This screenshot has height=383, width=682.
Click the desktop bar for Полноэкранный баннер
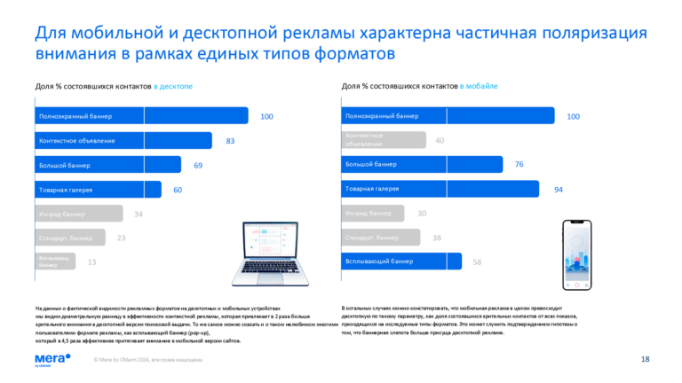coord(141,116)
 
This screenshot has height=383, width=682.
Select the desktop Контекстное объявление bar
coord(123,141)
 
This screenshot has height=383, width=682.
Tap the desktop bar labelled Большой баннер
coord(107,165)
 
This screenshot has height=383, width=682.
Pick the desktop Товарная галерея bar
coord(98,190)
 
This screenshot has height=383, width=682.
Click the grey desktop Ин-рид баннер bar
coord(79,214)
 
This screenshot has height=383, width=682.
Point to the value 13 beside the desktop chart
coord(91,262)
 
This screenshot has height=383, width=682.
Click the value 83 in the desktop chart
coord(230,141)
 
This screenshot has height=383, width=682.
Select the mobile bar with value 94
coord(440,189)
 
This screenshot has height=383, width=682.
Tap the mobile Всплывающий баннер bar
coord(401,262)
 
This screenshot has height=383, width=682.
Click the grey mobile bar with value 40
coord(384,140)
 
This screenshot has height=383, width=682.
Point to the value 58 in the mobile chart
coord(477,262)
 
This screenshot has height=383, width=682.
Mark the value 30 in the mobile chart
coord(422,213)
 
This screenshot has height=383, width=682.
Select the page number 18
coord(645,359)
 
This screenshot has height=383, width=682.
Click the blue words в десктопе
coord(172,86)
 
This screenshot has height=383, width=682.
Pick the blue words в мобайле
coord(479,86)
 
